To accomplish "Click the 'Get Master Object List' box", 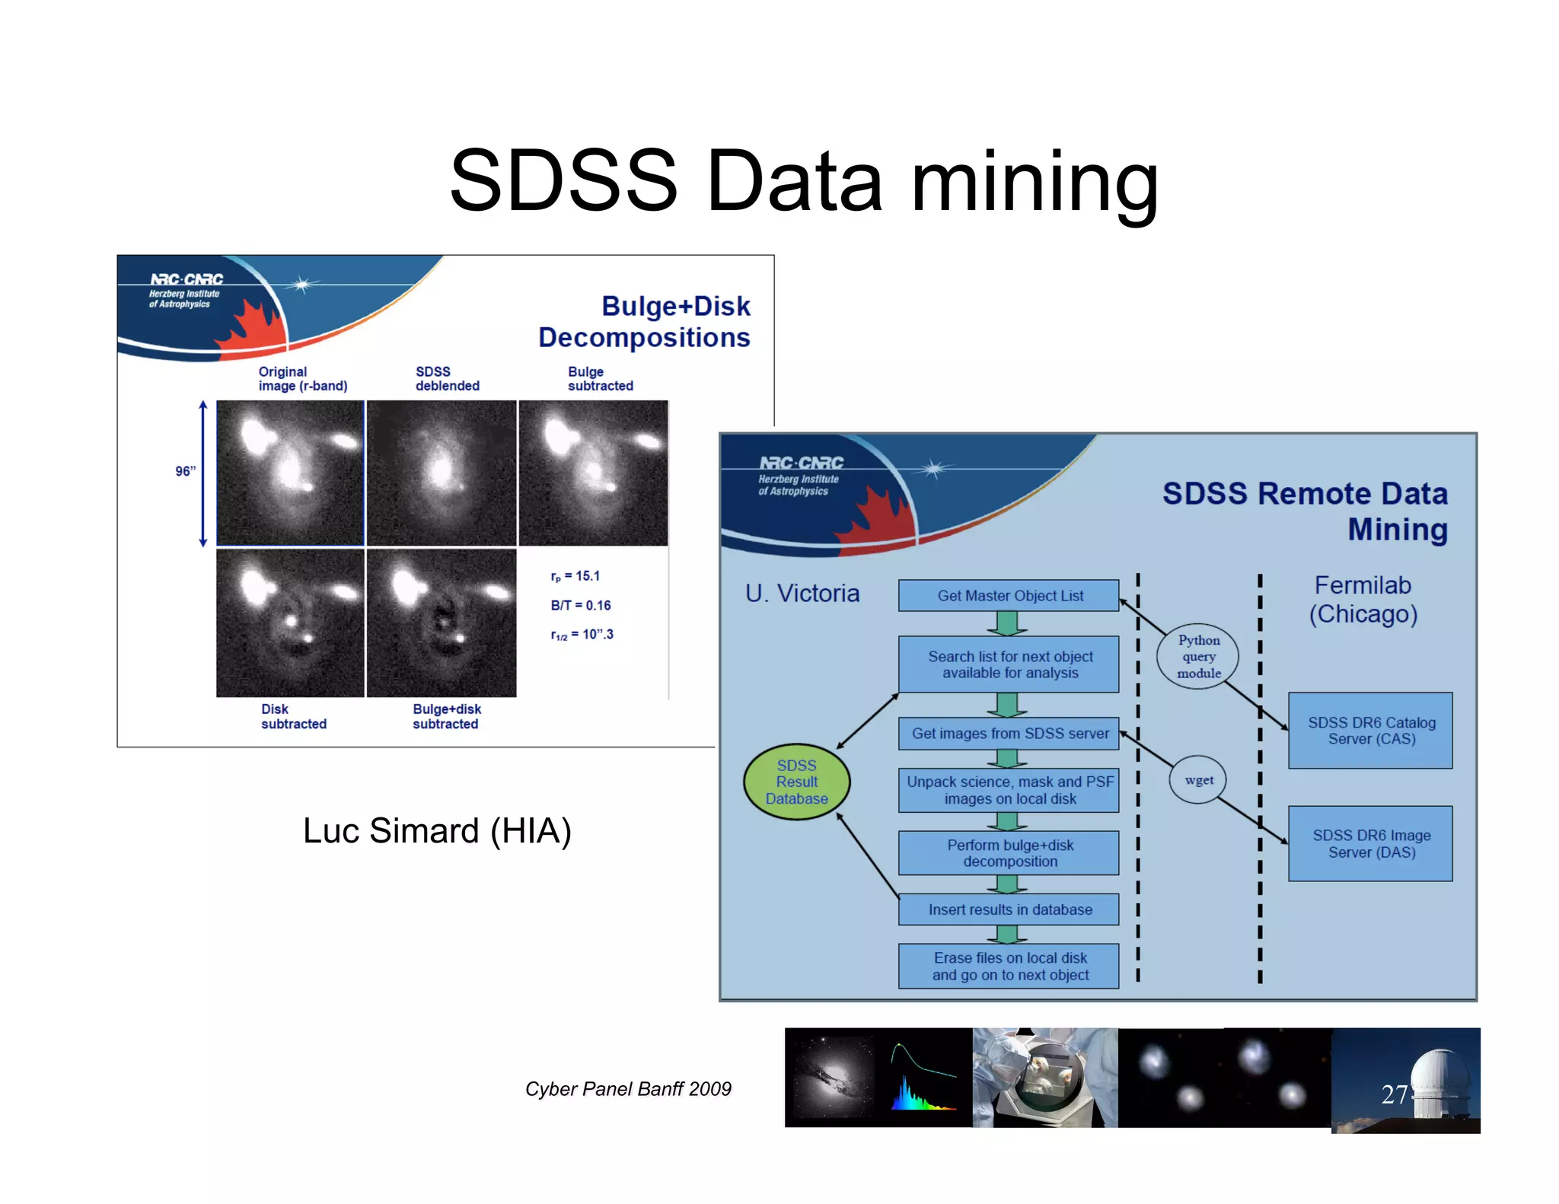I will coord(1009,596).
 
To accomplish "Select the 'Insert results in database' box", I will coord(1009,909).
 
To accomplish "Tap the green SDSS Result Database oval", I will coord(796,782).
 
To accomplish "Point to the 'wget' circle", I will coord(1198,780).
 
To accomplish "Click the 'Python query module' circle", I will coord(1198,656).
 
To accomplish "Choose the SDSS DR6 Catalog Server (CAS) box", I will coord(1370,731).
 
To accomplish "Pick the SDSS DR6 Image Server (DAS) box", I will coord(1370,844).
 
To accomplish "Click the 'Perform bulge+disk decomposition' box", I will coord(1009,853).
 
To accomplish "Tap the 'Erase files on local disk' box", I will coord(1009,967).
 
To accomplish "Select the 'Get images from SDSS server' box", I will coord(1009,734).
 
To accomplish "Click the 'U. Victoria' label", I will coord(802,594).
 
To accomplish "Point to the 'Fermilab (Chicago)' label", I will coord(1363,600).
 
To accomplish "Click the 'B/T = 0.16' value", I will coord(581,606).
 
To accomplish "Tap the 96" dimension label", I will coord(185,472).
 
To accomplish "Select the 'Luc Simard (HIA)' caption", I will coord(437,831).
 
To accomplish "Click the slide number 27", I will coord(1394,1094).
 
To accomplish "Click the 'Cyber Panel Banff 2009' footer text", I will coord(628,1089).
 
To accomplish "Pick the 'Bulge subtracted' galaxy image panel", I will coord(593,473).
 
